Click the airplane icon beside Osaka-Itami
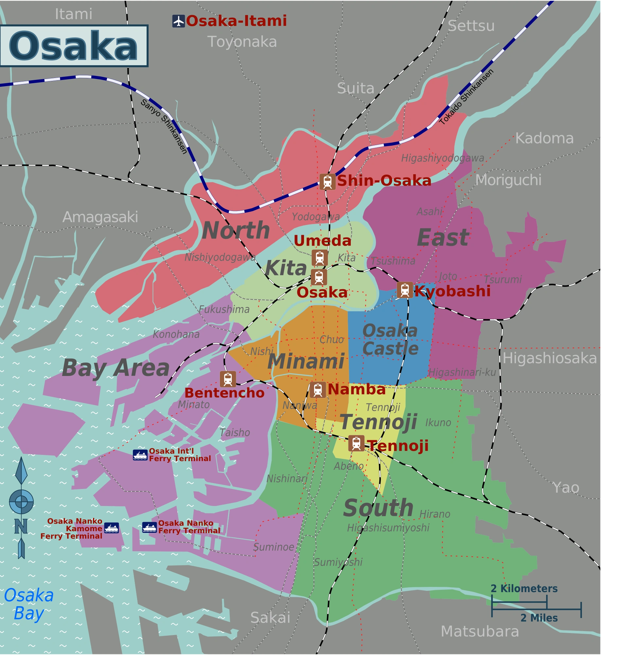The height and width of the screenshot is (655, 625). (x=179, y=21)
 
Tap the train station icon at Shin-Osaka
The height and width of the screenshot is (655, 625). (x=328, y=182)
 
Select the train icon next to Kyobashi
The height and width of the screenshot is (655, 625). (x=405, y=290)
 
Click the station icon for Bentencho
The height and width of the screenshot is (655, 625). (x=228, y=379)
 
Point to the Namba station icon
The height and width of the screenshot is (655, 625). (x=318, y=390)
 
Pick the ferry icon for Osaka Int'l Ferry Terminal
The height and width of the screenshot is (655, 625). (x=140, y=455)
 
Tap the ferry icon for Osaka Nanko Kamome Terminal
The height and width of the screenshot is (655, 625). (x=111, y=528)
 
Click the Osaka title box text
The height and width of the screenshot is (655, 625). (x=73, y=46)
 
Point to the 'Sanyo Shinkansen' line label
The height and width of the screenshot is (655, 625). (x=164, y=126)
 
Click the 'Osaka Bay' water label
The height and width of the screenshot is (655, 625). (x=29, y=604)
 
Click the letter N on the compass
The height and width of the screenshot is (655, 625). (x=21, y=526)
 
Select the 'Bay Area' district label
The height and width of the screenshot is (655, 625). (x=116, y=368)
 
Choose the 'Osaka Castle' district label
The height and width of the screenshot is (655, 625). (x=390, y=340)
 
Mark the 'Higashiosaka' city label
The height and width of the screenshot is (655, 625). (x=549, y=358)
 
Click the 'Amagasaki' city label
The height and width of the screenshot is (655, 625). (x=100, y=217)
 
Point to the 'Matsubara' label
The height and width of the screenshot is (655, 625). (x=480, y=631)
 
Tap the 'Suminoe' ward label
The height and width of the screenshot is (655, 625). (x=274, y=547)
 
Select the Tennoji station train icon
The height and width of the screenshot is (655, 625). (x=356, y=443)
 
